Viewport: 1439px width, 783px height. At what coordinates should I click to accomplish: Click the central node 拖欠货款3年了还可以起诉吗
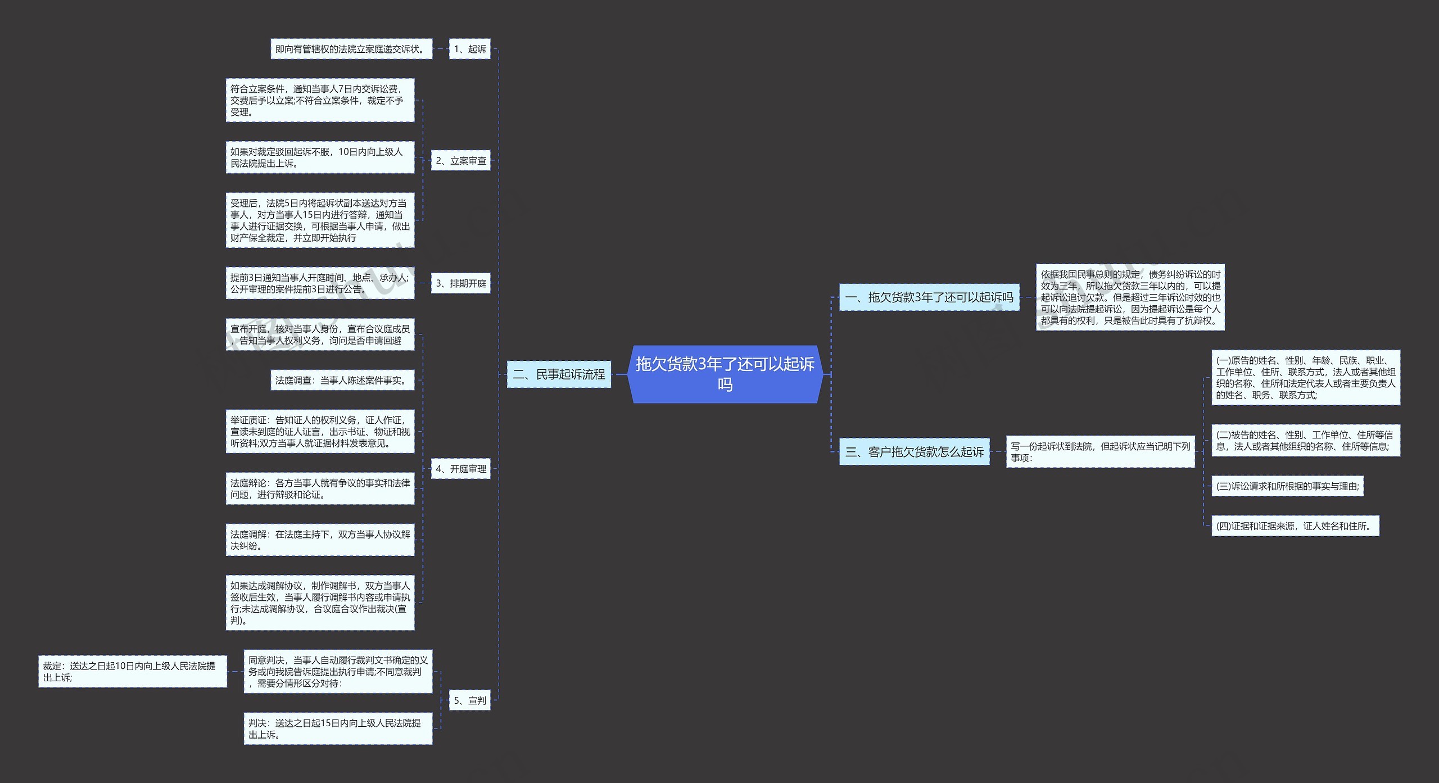pyautogui.click(x=725, y=374)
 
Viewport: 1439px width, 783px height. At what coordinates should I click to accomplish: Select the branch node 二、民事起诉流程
pyautogui.click(x=559, y=374)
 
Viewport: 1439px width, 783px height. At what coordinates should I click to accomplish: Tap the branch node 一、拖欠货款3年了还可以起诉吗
pyautogui.click(x=929, y=297)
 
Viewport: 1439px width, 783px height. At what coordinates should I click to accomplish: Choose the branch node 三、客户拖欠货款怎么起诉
pyautogui.click(x=914, y=452)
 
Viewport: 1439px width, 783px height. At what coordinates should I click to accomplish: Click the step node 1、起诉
pyautogui.click(x=469, y=49)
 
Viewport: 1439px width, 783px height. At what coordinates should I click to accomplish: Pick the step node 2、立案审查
pyautogui.click(x=460, y=161)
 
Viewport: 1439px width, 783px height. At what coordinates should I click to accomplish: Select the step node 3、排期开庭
pyautogui.click(x=460, y=283)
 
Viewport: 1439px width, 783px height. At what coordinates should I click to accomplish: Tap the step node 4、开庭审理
pyautogui.click(x=460, y=469)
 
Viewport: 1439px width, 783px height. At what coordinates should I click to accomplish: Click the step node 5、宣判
pyautogui.click(x=469, y=700)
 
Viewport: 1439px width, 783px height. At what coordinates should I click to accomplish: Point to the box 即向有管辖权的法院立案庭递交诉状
pyautogui.click(x=351, y=49)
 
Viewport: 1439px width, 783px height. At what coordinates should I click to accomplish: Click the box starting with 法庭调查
pyautogui.click(x=342, y=381)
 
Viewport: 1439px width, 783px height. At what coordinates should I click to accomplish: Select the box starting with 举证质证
pyautogui.click(x=320, y=432)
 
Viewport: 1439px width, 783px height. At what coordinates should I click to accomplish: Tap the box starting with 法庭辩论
pyautogui.click(x=320, y=488)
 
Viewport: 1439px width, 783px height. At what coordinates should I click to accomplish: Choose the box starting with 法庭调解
pyautogui.click(x=320, y=540)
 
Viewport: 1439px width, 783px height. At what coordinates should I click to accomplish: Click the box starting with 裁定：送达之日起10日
pyautogui.click(x=133, y=671)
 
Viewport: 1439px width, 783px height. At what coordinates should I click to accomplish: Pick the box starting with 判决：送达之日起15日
pyautogui.click(x=338, y=728)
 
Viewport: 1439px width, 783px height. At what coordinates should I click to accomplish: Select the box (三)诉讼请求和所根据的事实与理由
pyautogui.click(x=1287, y=486)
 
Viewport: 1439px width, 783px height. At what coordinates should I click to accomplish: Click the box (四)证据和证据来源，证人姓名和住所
pyautogui.click(x=1295, y=526)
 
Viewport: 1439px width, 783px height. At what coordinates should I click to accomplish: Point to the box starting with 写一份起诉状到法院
pyautogui.click(x=1100, y=452)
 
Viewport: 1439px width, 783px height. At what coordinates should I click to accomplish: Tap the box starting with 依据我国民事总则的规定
pyautogui.click(x=1130, y=297)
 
